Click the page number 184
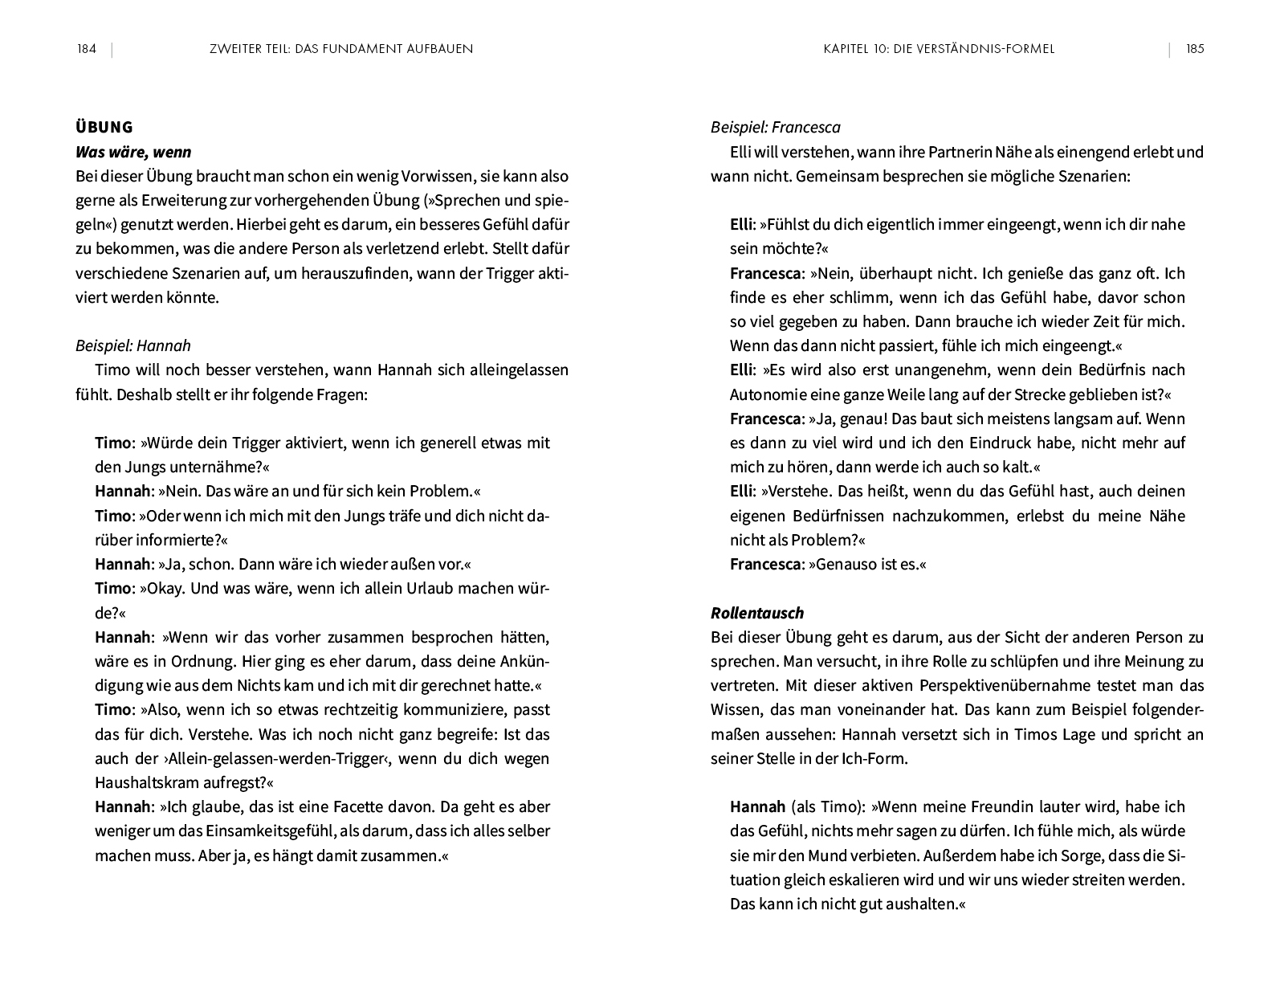pyautogui.click(x=86, y=49)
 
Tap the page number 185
pyautogui.click(x=1195, y=49)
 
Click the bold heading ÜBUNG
pyautogui.click(x=104, y=127)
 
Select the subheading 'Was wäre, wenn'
pyautogui.click(x=133, y=152)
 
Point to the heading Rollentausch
pyautogui.click(x=756, y=613)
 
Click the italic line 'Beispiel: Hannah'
pyautogui.click(x=133, y=345)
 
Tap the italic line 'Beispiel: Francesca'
pyautogui.click(x=775, y=127)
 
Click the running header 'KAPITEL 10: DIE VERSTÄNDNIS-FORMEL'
pyautogui.click(x=939, y=49)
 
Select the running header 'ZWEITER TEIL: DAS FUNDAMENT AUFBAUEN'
pyautogui.click(x=340, y=49)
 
